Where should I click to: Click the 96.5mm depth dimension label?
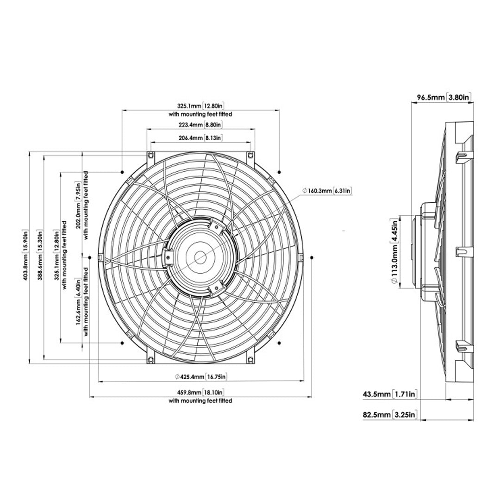click(444, 97)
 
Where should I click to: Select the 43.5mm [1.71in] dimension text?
click(391, 394)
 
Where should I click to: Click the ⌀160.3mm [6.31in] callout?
click(326, 191)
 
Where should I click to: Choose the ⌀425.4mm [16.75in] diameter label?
click(200, 376)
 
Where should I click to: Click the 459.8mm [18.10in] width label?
click(200, 393)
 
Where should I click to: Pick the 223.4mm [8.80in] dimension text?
click(200, 125)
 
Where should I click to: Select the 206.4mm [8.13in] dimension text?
click(200, 138)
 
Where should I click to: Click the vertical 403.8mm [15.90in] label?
click(26, 257)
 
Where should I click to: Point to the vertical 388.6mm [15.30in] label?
click(40, 257)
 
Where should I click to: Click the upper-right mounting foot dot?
click(279, 172)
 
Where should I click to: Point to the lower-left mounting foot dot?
click(122, 343)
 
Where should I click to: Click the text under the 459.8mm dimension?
click(200, 401)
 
